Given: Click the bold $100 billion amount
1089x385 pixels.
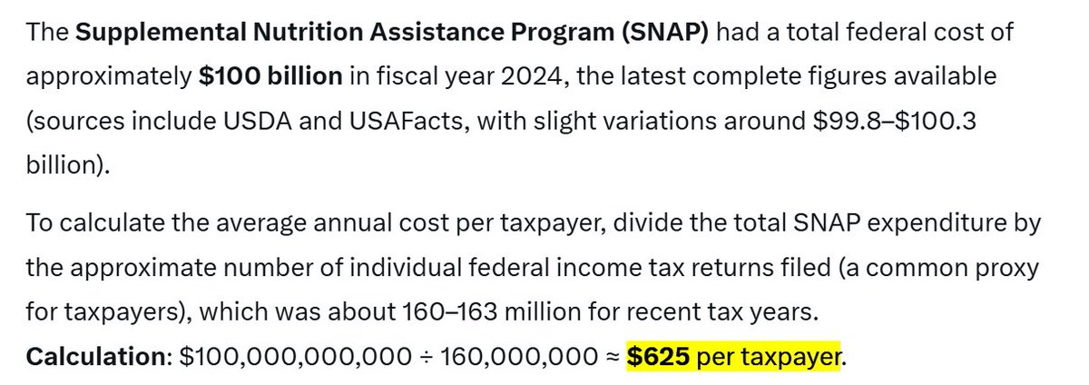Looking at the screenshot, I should click(x=270, y=77).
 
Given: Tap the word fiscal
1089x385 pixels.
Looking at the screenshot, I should click(x=407, y=77).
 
